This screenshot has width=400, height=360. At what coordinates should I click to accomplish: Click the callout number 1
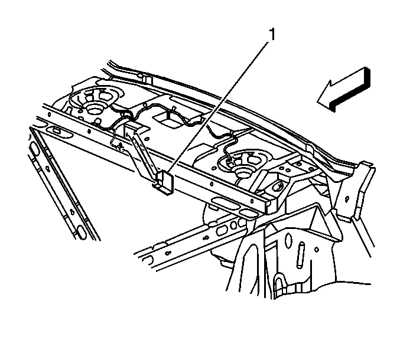(x=272, y=34)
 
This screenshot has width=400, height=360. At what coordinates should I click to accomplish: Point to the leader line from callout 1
(x=217, y=106)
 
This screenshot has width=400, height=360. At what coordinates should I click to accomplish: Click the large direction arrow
(x=343, y=90)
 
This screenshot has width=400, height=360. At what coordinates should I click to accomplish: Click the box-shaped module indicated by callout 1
(x=164, y=182)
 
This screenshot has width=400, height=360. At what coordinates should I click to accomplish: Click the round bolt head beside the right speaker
(x=277, y=186)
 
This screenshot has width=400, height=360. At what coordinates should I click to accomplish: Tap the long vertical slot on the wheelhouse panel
(x=300, y=256)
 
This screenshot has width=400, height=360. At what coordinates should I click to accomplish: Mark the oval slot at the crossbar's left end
(x=58, y=130)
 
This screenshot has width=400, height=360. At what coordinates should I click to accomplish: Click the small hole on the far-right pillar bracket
(x=347, y=199)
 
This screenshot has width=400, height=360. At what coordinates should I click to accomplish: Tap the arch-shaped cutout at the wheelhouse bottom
(x=279, y=284)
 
